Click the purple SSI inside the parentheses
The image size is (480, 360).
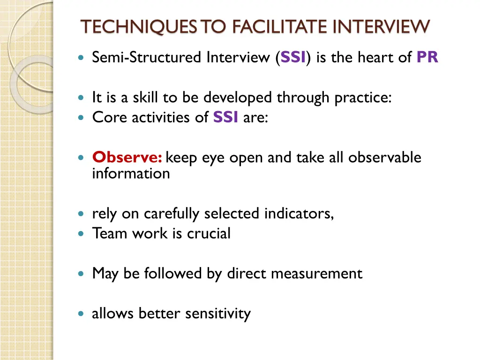[293, 58]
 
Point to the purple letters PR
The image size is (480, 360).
[427, 58]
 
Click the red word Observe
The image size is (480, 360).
[127, 157]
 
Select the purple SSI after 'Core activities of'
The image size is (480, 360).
[226, 117]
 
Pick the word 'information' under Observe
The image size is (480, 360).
[131, 174]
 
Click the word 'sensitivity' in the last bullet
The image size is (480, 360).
[218, 314]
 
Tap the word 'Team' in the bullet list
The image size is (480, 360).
[107, 233]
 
